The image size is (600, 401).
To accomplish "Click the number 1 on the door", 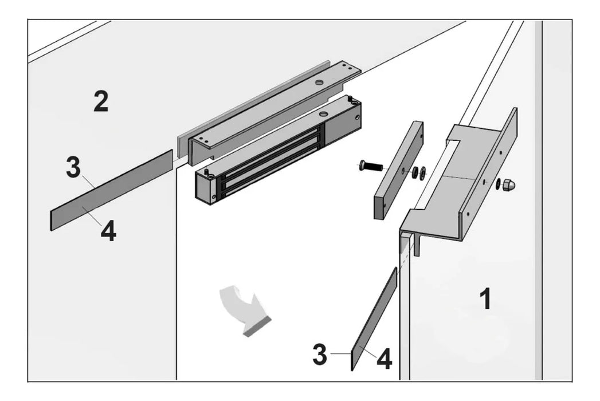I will coord(485,299).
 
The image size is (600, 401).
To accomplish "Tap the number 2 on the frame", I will coord(101,101).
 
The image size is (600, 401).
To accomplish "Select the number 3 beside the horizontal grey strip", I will coord(73,168).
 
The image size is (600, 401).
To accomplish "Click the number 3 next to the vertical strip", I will coord(320,355).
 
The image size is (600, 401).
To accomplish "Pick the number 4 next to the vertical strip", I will coord(384,359).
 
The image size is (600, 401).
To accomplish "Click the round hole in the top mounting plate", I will coord(318,84).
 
